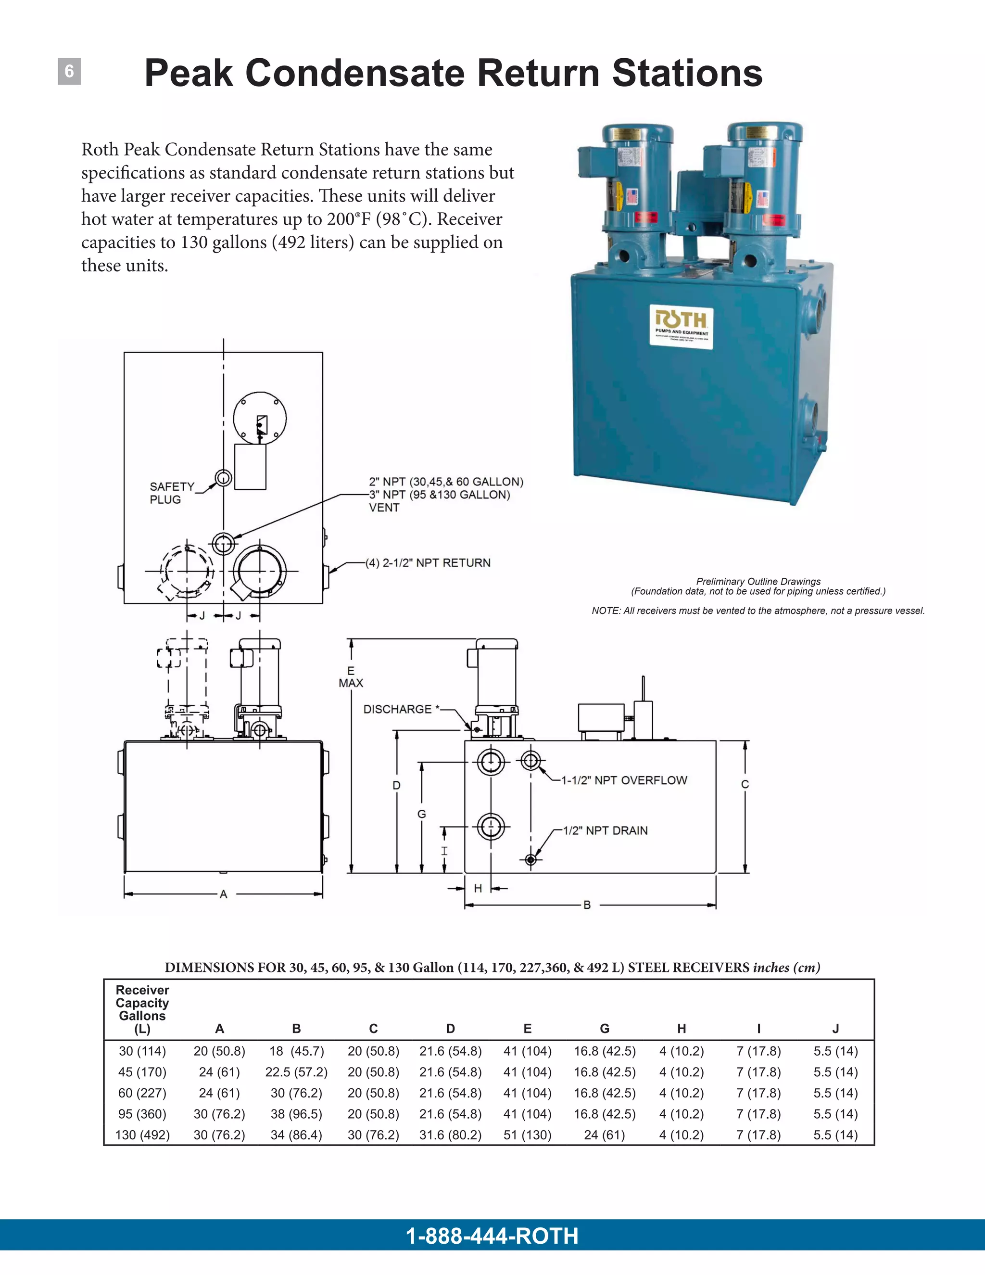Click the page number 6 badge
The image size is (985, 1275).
pyautogui.click(x=69, y=71)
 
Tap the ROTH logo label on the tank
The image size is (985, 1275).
pyautogui.click(x=681, y=328)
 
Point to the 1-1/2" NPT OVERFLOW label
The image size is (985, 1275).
pyautogui.click(x=624, y=780)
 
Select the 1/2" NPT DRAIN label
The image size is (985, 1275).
pyautogui.click(x=605, y=831)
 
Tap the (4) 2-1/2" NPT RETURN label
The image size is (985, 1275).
pyautogui.click(x=428, y=563)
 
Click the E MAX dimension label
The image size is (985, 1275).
pyautogui.click(x=351, y=676)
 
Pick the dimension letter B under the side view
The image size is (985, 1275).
pyautogui.click(x=587, y=905)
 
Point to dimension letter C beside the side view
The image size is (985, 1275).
pyautogui.click(x=745, y=785)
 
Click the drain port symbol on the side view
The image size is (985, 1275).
pyautogui.click(x=530, y=859)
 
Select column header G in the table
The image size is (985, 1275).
pyautogui.click(x=605, y=1029)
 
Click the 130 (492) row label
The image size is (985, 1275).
pyautogui.click(x=142, y=1135)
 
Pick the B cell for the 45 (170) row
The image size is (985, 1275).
pyautogui.click(x=296, y=1072)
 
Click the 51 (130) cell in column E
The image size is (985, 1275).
pyautogui.click(x=528, y=1135)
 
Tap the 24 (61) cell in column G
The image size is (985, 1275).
pyautogui.click(x=605, y=1135)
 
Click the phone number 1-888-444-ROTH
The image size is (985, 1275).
pyautogui.click(x=492, y=1236)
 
